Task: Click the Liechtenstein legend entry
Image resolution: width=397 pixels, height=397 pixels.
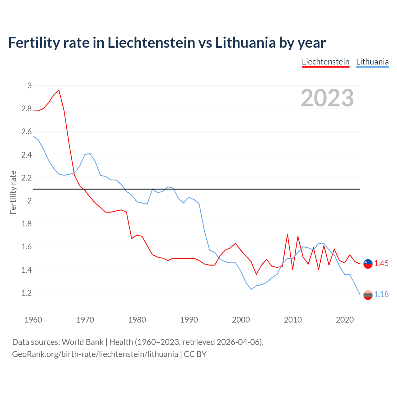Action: (326, 62)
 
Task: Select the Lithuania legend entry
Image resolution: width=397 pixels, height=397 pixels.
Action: (372, 62)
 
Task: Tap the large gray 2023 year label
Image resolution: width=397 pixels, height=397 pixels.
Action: (327, 98)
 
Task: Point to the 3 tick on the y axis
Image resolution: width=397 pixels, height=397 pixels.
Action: (29, 86)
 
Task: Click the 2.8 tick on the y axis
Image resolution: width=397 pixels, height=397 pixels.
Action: (26, 109)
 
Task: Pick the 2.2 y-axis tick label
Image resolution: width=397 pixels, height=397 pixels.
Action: (26, 178)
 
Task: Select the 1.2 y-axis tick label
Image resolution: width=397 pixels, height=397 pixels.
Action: (26, 293)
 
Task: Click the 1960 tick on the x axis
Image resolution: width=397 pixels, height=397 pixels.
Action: (33, 320)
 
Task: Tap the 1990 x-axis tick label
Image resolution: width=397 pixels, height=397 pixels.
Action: (189, 320)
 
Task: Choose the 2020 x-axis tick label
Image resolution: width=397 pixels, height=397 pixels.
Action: (345, 320)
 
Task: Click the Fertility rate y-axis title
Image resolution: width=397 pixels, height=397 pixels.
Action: (13, 192)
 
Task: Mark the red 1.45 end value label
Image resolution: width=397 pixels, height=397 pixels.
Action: (381, 264)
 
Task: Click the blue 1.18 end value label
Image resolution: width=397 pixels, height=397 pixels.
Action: (381, 295)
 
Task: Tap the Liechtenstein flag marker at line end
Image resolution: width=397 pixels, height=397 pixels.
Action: (368, 264)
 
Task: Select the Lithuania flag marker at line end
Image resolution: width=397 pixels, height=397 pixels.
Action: (368, 295)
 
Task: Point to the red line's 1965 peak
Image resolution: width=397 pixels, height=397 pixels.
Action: (59, 90)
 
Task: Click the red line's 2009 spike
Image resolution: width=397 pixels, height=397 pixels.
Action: (288, 234)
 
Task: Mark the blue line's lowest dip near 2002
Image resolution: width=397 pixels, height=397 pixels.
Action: (251, 289)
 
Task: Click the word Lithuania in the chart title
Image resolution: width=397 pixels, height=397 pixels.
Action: (245, 43)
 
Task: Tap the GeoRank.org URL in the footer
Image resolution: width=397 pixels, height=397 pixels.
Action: (95, 354)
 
